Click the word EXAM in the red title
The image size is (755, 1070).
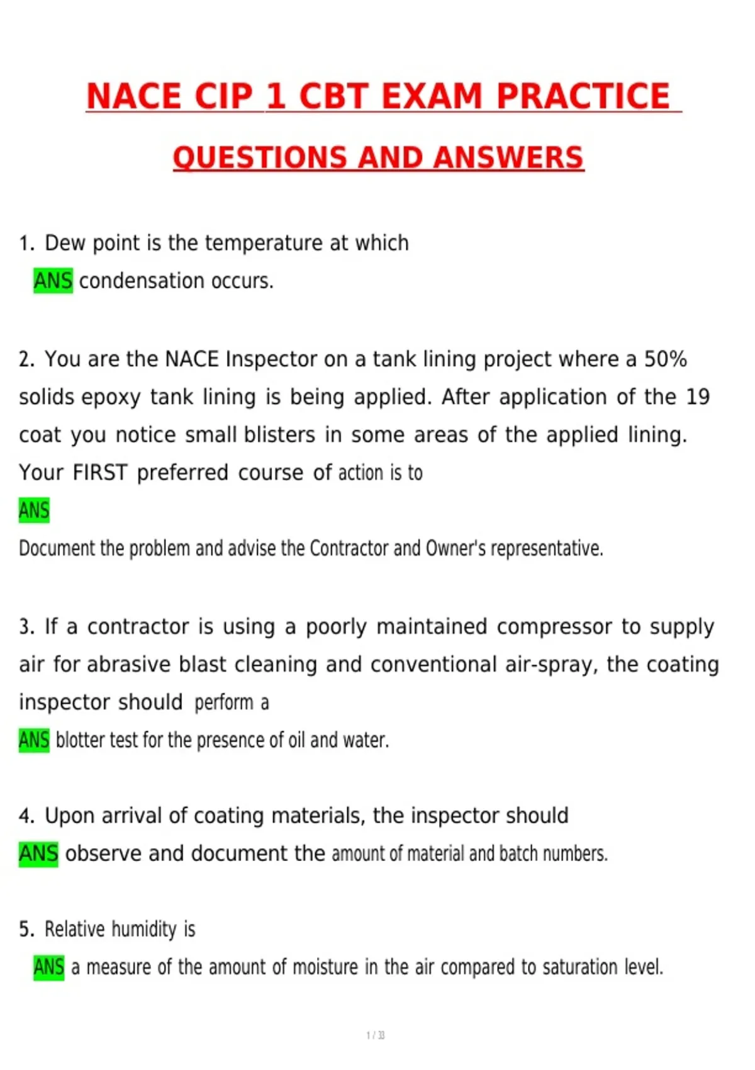[x=433, y=96]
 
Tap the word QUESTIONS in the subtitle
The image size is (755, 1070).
[x=260, y=157]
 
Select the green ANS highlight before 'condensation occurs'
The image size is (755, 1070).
[x=53, y=281]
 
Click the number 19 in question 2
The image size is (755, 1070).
[x=698, y=397]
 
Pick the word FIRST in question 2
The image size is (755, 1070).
[x=100, y=473]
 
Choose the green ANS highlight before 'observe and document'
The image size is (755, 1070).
[x=38, y=853]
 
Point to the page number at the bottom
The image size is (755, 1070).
[x=376, y=1035]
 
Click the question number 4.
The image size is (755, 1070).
[x=26, y=816]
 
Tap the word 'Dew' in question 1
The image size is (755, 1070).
[x=65, y=243]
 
